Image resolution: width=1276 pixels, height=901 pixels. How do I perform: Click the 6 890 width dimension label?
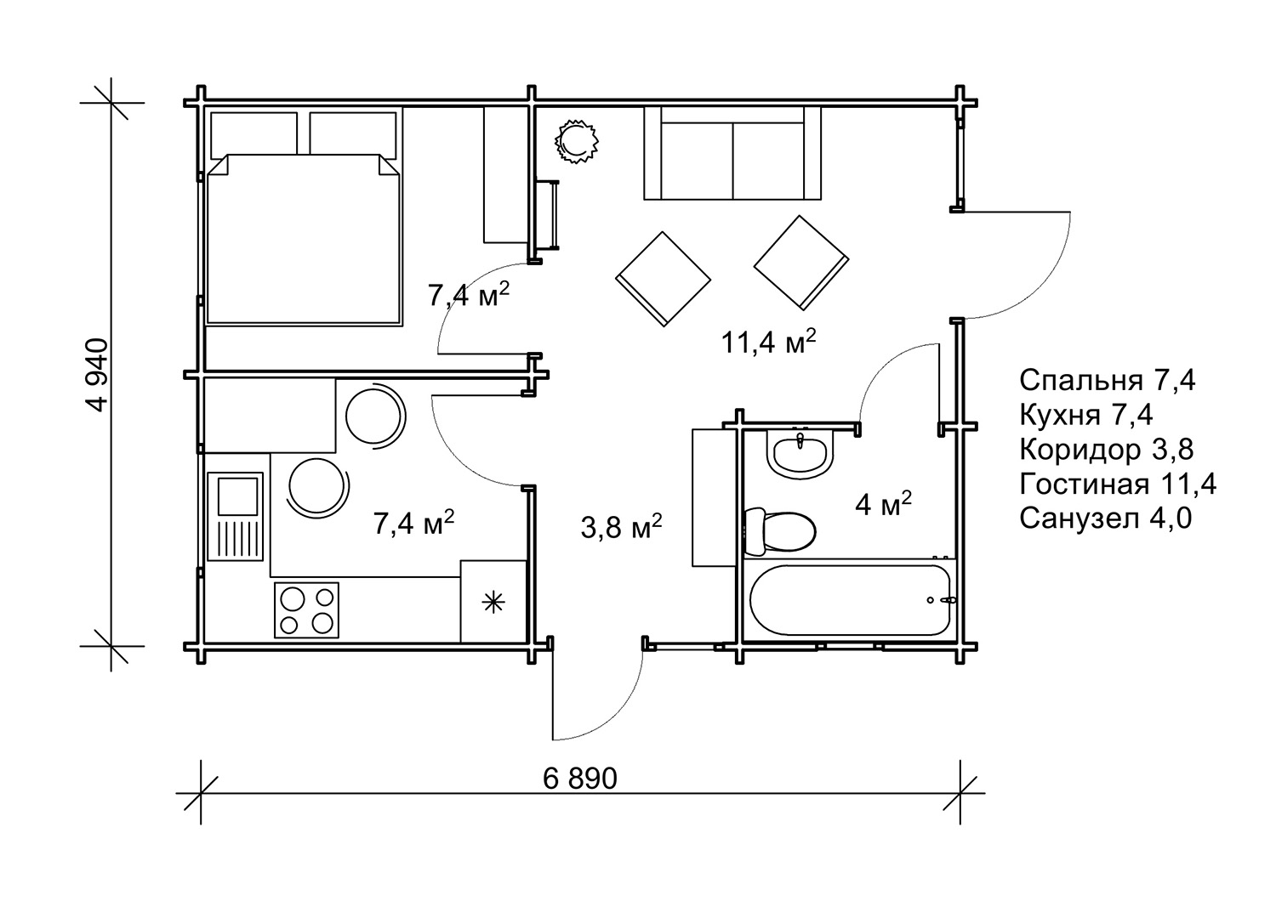click(x=580, y=779)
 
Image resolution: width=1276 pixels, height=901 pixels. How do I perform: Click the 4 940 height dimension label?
click(x=96, y=375)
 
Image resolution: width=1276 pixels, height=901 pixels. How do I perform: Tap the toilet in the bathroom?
click(x=780, y=531)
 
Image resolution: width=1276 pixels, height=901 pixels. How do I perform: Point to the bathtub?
click(x=850, y=600)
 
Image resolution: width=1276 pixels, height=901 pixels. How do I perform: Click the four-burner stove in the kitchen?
click(x=306, y=609)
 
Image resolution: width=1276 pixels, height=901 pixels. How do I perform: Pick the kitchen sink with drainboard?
click(x=236, y=516)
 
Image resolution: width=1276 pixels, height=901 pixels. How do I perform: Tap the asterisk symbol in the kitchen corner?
click(x=493, y=603)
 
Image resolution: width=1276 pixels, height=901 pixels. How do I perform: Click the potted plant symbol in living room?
click(x=577, y=142)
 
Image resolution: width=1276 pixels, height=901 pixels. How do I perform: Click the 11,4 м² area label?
click(x=768, y=342)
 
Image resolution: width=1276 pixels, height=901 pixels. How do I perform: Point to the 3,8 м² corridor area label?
click(x=621, y=526)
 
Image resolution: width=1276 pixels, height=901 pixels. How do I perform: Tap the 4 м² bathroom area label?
click(x=884, y=503)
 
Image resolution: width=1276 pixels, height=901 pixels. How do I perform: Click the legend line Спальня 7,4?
click(x=1107, y=380)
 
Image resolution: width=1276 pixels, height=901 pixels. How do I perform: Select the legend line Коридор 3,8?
click(x=1106, y=450)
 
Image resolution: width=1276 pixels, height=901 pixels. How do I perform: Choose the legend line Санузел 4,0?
click(x=1105, y=518)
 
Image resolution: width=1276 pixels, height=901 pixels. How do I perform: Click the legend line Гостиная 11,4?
click(x=1118, y=484)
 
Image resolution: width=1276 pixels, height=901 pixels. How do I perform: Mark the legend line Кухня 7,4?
click(x=1086, y=415)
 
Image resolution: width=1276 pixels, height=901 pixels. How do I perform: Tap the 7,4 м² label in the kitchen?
click(x=413, y=523)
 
